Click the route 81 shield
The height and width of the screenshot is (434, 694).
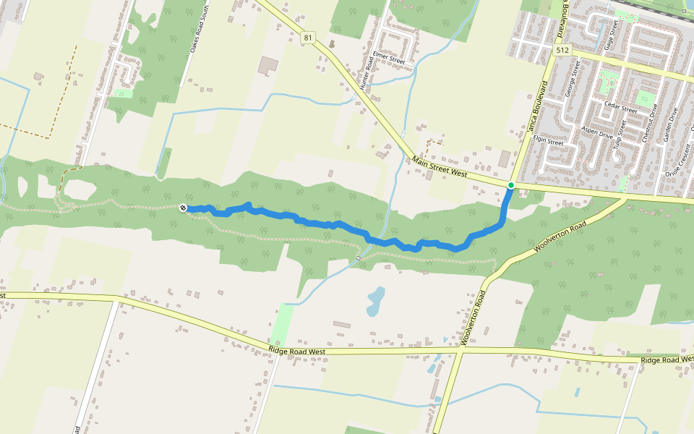point(309,38)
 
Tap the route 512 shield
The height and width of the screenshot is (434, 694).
point(563,50)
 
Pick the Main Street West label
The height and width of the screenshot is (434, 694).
point(440,166)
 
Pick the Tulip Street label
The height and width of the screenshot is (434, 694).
point(617,134)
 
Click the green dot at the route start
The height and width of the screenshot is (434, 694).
point(511,185)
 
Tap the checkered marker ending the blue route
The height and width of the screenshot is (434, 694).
point(184,208)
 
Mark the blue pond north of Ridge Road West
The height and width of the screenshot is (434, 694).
point(375,299)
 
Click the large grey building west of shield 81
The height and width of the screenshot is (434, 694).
point(268,65)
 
